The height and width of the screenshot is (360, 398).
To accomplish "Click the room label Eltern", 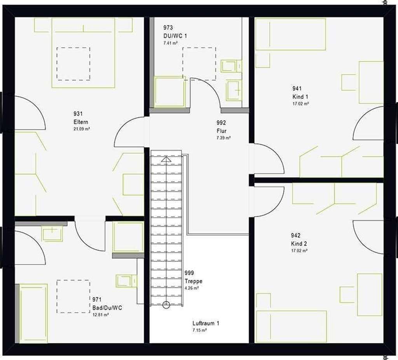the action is click(x=81, y=122).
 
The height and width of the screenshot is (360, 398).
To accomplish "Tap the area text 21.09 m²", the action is click(x=82, y=129).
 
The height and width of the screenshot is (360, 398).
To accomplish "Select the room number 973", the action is click(x=168, y=28).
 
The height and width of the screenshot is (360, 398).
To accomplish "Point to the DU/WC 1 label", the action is click(x=175, y=36).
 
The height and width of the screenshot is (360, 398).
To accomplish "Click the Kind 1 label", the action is click(x=300, y=97).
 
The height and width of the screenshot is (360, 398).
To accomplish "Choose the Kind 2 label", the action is click(x=299, y=244).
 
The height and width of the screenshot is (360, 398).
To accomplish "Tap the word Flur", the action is click(x=221, y=131).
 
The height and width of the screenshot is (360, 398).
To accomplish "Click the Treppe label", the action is click(x=194, y=281).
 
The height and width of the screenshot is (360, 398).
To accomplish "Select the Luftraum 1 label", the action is click(x=206, y=323).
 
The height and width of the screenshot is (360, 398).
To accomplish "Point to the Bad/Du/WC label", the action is click(x=107, y=308).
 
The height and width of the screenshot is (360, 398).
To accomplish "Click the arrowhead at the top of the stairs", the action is click(x=166, y=159).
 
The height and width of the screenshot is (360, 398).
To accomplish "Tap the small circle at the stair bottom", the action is click(x=166, y=304).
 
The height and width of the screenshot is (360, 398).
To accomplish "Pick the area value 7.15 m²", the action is click(x=199, y=330).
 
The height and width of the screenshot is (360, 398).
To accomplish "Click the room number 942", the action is click(x=295, y=235).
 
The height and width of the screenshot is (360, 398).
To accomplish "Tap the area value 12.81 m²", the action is click(x=101, y=315).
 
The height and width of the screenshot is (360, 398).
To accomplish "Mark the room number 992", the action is click(x=221, y=123).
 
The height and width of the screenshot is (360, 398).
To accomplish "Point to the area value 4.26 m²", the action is click(x=192, y=288).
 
